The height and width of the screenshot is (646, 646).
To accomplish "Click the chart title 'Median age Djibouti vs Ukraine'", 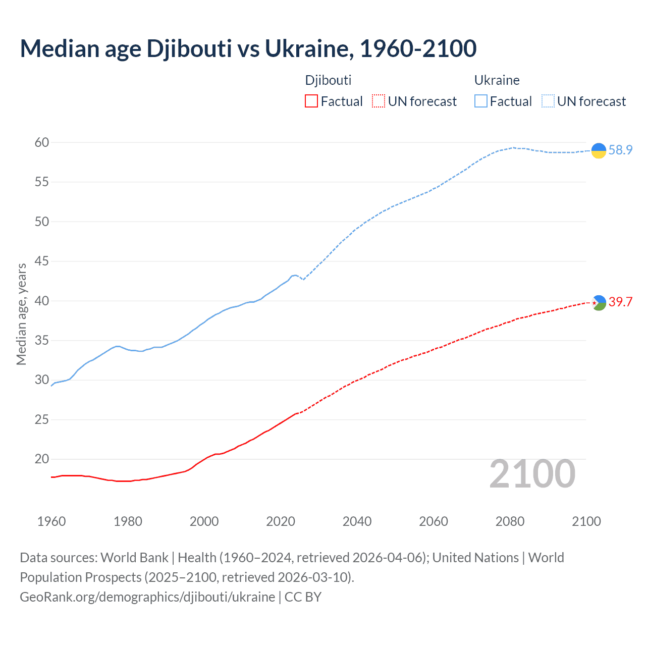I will point(248,48).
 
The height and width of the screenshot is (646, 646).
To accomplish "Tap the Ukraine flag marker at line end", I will point(599,150).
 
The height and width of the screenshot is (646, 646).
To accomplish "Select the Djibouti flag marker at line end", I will point(599,303).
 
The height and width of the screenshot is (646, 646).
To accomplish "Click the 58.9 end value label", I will point(620,150).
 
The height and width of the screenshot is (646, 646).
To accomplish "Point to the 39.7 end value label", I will point(620,302).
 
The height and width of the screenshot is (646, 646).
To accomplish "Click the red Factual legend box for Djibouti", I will point(311,101).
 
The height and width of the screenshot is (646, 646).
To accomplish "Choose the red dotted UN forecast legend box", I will point(379,101).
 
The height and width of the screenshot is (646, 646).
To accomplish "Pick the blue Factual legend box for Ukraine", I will point(480,101).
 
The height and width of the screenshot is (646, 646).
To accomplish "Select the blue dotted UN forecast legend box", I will point(548,101).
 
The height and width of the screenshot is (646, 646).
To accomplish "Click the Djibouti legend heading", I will point(328,80).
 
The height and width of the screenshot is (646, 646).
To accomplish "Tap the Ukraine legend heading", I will point(497,80).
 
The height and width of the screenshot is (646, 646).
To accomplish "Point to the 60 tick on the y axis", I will point(42,143).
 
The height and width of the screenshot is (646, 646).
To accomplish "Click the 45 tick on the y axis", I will point(42,261).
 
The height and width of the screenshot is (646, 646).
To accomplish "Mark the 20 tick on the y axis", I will point(42,459).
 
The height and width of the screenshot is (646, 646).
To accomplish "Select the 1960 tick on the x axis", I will point(51,521).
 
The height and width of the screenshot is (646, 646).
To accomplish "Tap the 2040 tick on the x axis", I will point(357,521).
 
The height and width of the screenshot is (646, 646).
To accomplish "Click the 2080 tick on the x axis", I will point(510,521).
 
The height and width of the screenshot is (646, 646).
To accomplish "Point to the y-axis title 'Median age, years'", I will point(21,314).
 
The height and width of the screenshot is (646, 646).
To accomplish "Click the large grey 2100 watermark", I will point(532,474).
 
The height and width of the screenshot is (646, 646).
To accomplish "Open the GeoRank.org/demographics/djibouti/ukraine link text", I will point(147,597).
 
